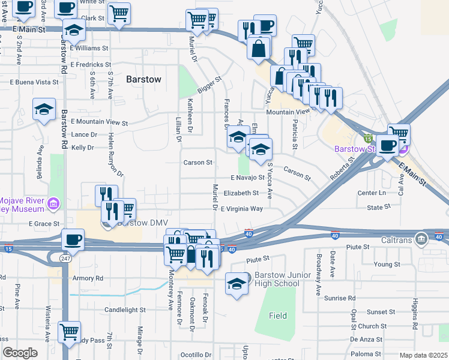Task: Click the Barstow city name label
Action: (143, 79)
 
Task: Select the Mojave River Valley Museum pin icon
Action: (54, 205)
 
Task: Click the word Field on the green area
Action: (277, 315)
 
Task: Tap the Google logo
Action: (20, 353)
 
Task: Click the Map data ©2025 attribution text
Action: (423, 355)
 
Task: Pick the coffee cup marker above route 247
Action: (73, 239)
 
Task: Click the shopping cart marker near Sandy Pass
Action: (70, 331)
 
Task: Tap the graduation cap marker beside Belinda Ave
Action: (44, 109)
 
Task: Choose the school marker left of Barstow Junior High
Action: (237, 283)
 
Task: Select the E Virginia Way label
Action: (241, 209)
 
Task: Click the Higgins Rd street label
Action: (414, 314)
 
